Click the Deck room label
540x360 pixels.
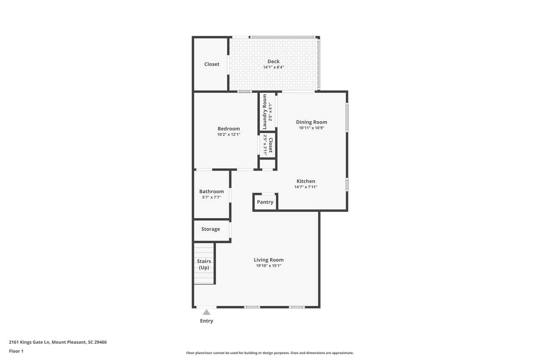click(x=273, y=62)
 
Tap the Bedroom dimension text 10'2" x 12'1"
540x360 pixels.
click(x=229, y=134)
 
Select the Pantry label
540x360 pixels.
click(x=265, y=202)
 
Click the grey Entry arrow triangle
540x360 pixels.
click(x=206, y=312)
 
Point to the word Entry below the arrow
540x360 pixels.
click(x=207, y=321)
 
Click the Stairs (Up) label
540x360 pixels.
click(x=204, y=264)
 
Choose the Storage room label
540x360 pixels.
click(x=211, y=229)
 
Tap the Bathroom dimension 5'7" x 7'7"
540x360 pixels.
click(x=211, y=197)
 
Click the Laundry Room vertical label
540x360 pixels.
click(x=265, y=112)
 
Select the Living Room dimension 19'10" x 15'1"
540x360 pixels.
click(x=269, y=266)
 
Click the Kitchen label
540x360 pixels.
click(x=306, y=181)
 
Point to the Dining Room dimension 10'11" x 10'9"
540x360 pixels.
click(x=311, y=128)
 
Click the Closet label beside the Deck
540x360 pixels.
click(x=212, y=64)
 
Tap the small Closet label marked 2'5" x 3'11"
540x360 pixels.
click(x=270, y=145)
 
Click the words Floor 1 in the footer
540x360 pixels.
click(x=16, y=351)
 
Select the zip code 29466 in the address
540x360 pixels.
click(x=100, y=342)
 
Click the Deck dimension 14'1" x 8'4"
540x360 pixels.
click(x=273, y=67)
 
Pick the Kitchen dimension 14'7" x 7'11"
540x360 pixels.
click(x=306, y=187)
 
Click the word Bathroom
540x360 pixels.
click(x=211, y=192)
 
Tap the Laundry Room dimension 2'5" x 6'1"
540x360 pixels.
click(x=270, y=112)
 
